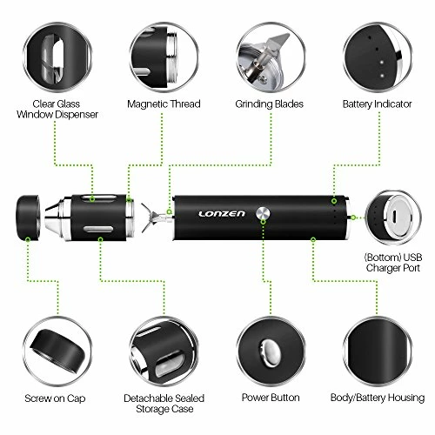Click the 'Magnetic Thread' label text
coord(164,104)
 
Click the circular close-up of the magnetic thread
coord(164,50)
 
